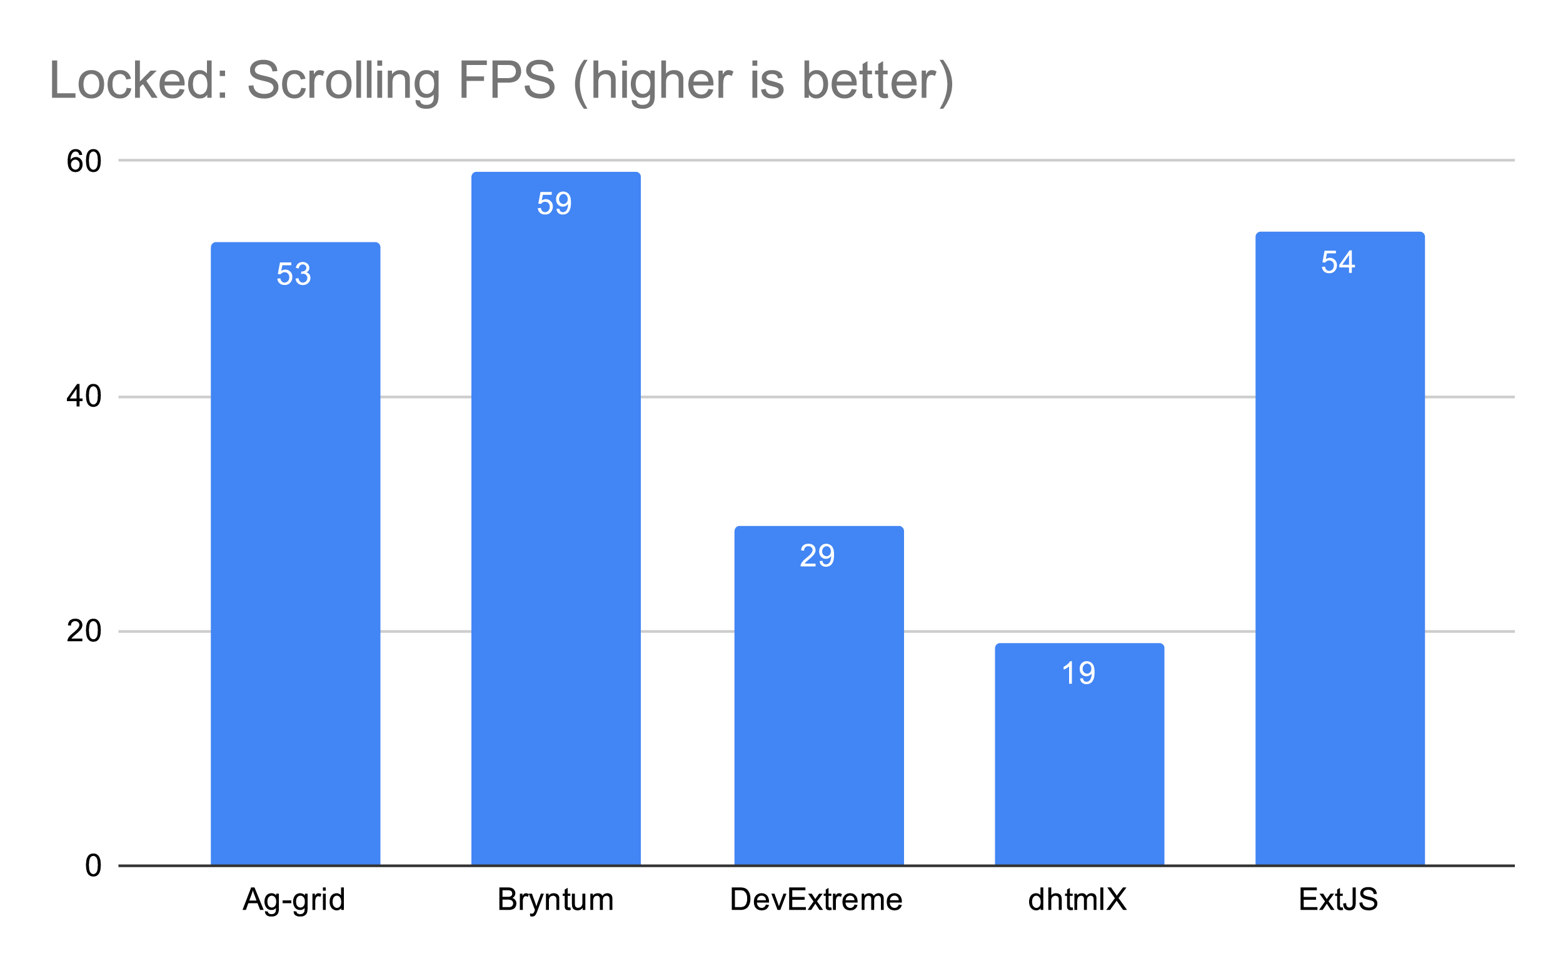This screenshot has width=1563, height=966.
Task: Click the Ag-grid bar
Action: (295, 554)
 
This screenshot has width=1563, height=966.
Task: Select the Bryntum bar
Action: (556, 519)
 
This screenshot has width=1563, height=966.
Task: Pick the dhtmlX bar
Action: (1079, 755)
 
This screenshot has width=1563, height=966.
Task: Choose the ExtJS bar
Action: (1339, 549)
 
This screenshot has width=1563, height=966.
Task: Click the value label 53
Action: (294, 274)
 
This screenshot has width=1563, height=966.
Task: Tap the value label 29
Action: (817, 556)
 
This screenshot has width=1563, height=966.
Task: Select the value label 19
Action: (1078, 674)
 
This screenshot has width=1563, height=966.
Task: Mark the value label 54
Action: (1338, 262)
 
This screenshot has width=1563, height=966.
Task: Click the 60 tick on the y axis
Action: (84, 161)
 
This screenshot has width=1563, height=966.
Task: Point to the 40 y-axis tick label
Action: (84, 397)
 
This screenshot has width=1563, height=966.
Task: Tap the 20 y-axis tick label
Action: (84, 631)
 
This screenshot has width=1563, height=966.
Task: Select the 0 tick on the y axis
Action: (93, 865)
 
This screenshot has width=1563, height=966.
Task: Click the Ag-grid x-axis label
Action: (294, 900)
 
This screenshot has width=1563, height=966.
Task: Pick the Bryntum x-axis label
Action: (556, 900)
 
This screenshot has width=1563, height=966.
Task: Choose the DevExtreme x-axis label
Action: (817, 900)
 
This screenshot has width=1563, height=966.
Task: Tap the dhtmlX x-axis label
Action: (1078, 900)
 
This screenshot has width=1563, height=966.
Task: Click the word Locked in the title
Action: (139, 81)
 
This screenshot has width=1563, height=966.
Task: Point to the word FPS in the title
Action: (507, 81)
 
